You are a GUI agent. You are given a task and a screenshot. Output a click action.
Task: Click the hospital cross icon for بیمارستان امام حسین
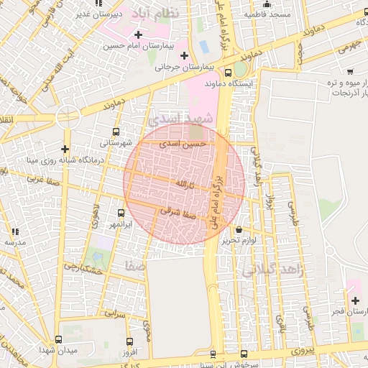pyautogui.click(x=137, y=34)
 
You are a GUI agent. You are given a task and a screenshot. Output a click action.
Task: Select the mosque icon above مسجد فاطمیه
pyautogui.click(x=267, y=4)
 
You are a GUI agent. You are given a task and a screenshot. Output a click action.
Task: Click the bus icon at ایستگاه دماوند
pyautogui.click(x=229, y=73)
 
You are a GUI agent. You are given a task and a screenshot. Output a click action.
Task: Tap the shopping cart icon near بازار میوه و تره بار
pyautogui.click(x=349, y=71)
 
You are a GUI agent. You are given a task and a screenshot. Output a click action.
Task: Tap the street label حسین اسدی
pyautogui.click(x=185, y=144)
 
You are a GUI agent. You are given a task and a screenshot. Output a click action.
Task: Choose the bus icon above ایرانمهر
pyautogui.click(x=120, y=213)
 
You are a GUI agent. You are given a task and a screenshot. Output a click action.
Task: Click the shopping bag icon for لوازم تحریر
pyautogui.click(x=239, y=230)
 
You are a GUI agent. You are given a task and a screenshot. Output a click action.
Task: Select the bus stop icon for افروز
pyautogui.click(x=129, y=342)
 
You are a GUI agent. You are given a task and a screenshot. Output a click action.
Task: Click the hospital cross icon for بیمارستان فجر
pyautogui.click(x=355, y=300)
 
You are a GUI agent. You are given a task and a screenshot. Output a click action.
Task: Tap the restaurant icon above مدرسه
pyautogui.click(x=14, y=231)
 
